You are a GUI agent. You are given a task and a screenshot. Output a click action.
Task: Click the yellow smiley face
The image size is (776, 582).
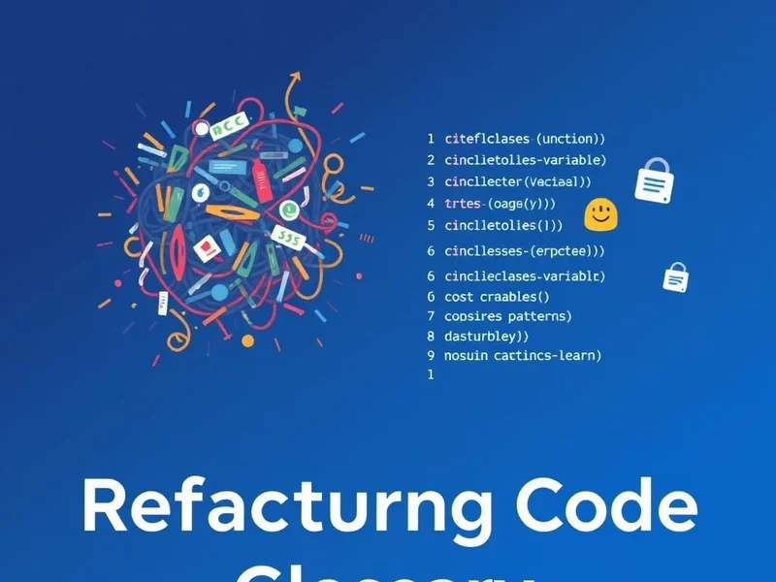[x=601, y=213]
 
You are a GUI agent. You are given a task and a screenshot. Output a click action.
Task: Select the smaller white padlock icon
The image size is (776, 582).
[x=675, y=276]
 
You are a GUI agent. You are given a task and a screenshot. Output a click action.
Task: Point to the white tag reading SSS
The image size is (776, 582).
[x=287, y=236]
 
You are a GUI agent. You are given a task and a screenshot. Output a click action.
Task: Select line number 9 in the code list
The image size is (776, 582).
[x=431, y=356]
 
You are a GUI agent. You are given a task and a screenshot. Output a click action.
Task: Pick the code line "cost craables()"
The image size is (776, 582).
[x=497, y=297]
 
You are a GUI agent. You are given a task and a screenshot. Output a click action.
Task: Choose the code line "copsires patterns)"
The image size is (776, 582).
[x=507, y=316]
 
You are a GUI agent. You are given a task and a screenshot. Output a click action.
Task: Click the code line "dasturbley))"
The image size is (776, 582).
[x=486, y=337]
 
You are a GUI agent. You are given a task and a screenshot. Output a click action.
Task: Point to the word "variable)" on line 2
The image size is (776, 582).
[x=573, y=160]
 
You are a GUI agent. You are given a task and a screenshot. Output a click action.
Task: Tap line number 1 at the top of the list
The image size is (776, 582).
[x=431, y=140]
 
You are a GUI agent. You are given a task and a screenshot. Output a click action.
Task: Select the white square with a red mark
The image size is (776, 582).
[x=206, y=249]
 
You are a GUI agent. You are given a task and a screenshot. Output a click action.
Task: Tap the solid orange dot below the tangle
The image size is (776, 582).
[x=247, y=341]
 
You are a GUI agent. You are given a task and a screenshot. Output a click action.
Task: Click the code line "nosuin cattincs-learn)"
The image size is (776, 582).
[x=523, y=356]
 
